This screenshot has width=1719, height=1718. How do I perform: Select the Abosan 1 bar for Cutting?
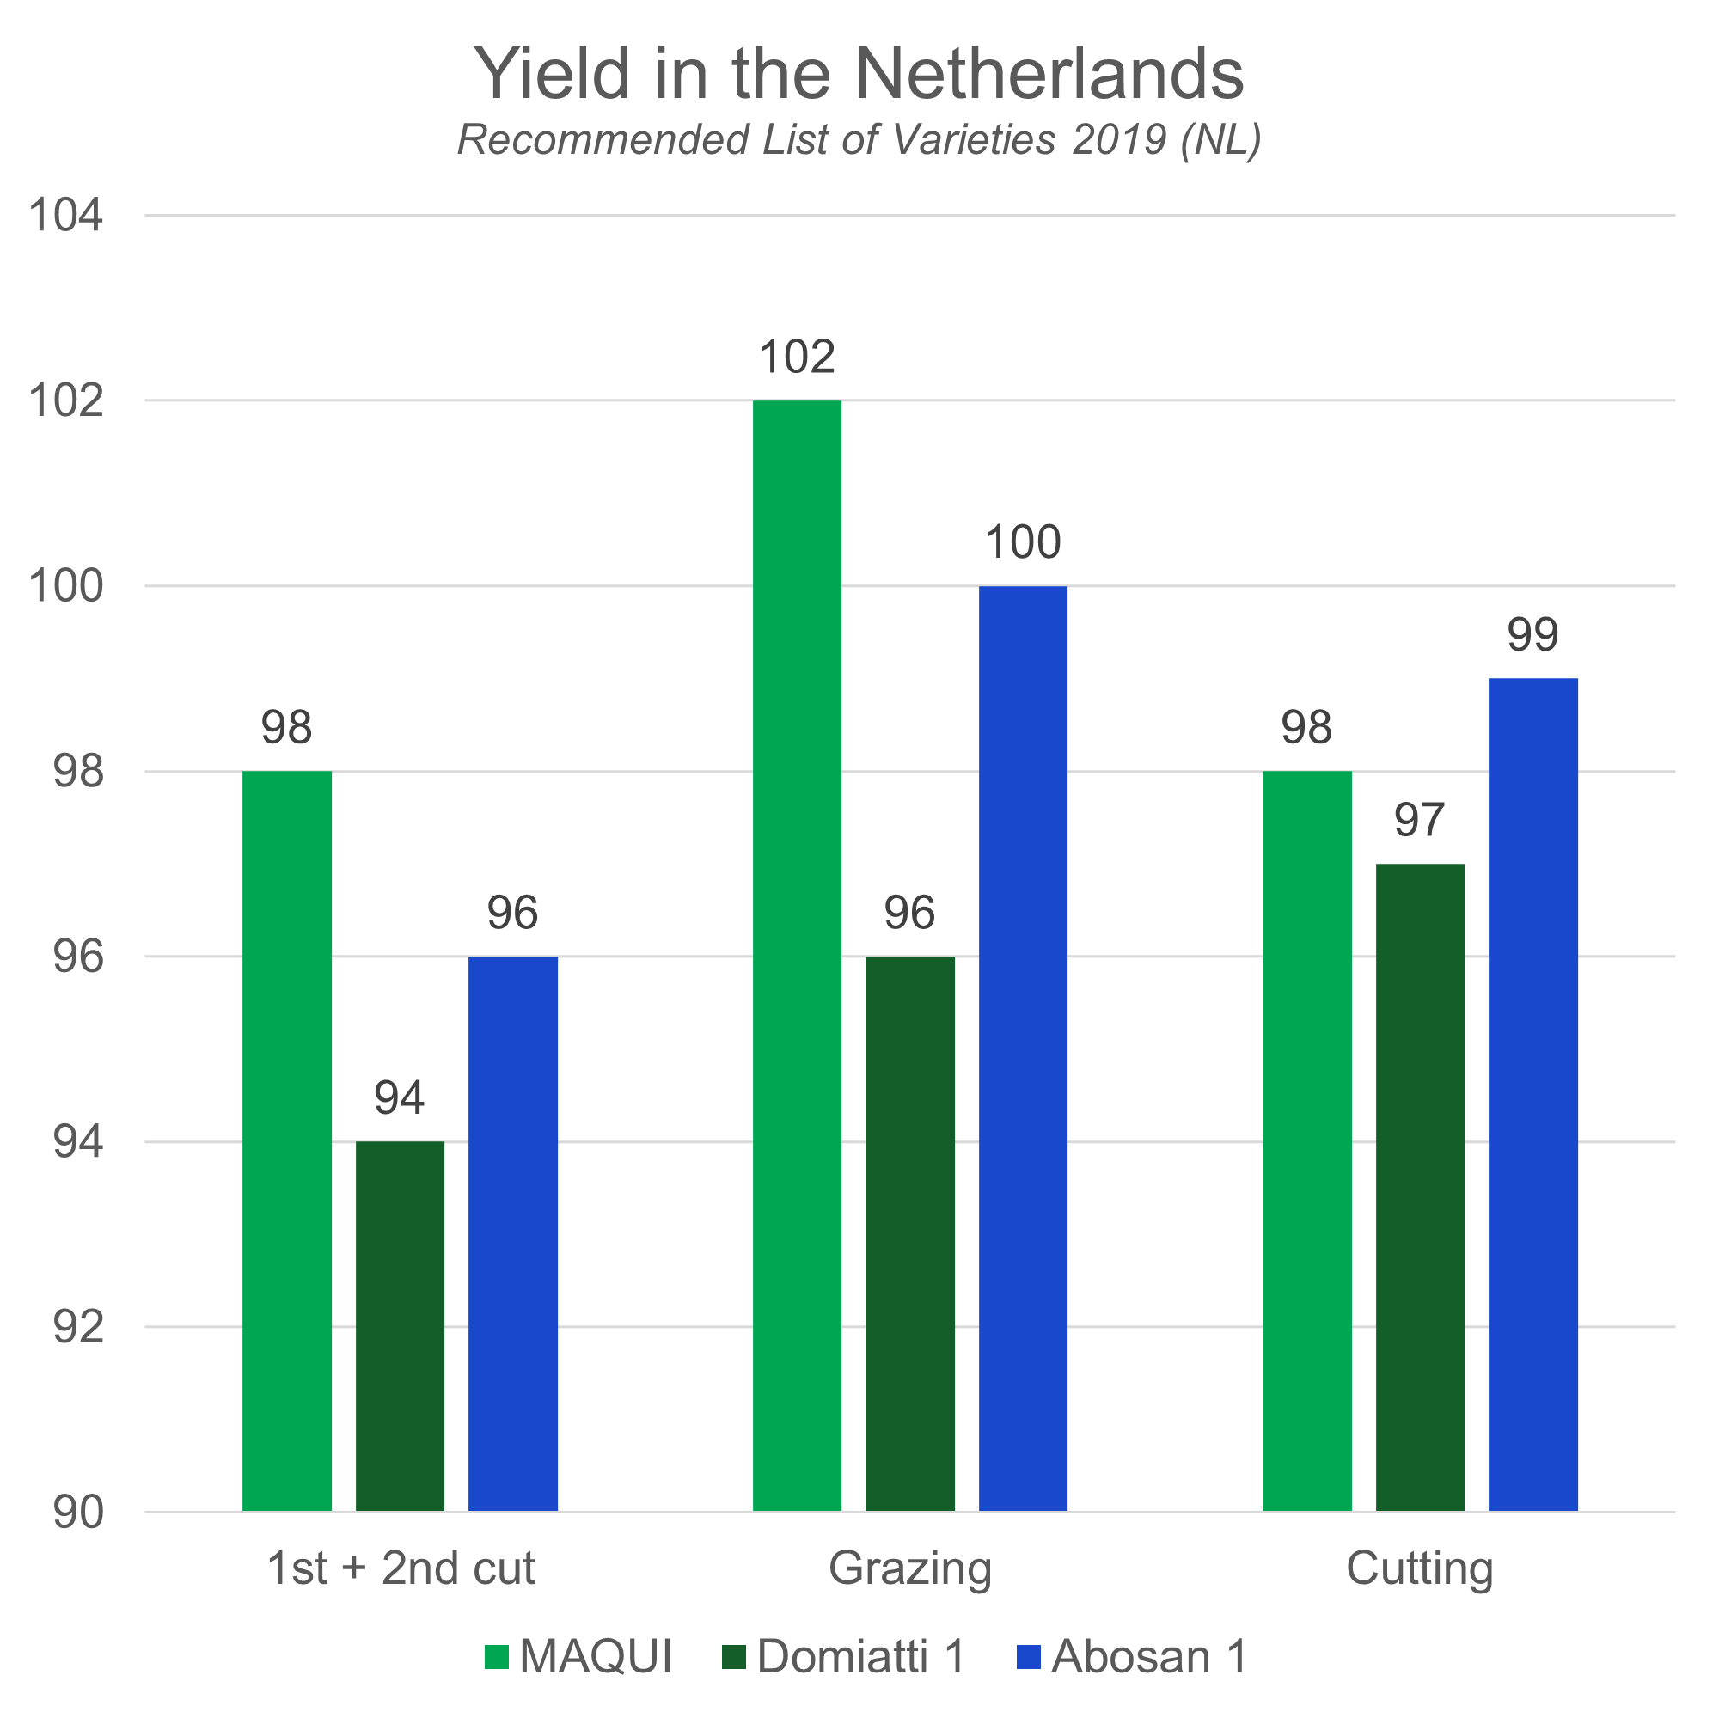click(x=1533, y=1094)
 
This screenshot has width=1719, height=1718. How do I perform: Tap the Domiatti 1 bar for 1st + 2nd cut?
click(x=401, y=1325)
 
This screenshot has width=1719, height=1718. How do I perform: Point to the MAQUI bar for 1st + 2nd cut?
click(x=287, y=1140)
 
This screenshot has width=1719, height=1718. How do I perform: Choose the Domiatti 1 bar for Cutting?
click(x=1420, y=1187)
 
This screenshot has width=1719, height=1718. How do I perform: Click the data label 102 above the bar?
click(x=798, y=358)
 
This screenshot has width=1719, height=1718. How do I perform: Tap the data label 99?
click(x=1533, y=635)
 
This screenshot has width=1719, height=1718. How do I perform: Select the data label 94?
click(x=400, y=1097)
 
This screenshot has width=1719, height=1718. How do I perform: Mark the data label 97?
click(x=1419, y=820)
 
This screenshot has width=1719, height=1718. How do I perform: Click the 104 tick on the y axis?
click(x=66, y=217)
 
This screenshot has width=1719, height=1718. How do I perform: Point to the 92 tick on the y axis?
click(x=78, y=1327)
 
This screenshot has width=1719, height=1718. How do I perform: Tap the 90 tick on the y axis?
click(x=78, y=1513)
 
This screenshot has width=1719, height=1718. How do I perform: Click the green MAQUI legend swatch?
click(x=497, y=1657)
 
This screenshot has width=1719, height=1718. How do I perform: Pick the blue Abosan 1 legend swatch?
click(x=1028, y=1657)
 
